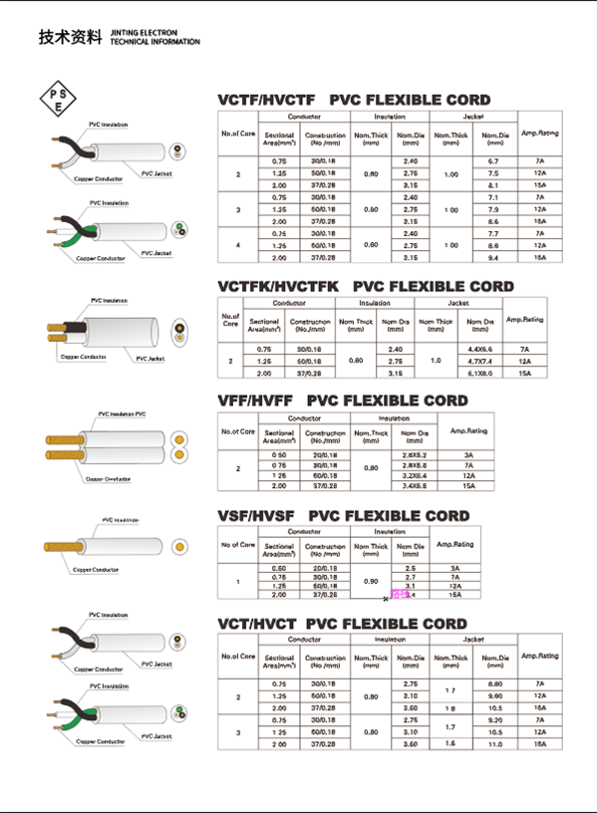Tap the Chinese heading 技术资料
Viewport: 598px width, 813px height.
coord(70,39)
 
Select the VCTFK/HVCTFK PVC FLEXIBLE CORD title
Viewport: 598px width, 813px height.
coord(366,286)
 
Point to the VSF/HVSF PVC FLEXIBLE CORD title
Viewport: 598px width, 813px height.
coord(343,516)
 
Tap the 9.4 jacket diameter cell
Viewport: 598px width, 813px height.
coord(493,257)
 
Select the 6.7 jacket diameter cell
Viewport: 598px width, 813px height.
coord(493,160)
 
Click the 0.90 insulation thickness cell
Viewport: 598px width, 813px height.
coord(371,580)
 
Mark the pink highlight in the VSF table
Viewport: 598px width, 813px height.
coord(401,595)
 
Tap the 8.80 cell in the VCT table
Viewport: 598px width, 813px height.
coord(495,682)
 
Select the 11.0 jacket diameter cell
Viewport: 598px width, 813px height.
coord(495,744)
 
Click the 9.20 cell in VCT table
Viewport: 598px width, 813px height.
coord(495,719)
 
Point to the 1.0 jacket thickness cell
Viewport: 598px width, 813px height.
coord(435,360)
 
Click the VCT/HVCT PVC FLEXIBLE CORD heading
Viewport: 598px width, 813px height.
coord(342,625)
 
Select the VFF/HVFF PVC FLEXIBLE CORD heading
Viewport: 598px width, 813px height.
coord(342,401)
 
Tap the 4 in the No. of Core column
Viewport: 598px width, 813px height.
coord(238,245)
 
